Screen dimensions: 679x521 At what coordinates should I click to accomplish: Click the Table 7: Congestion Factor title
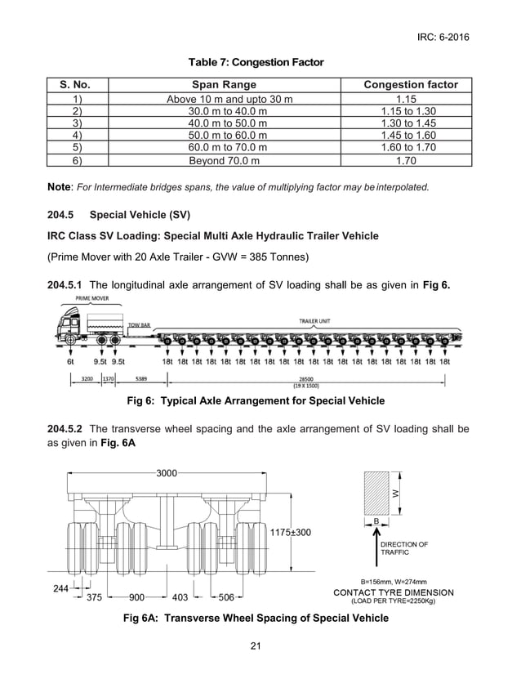tap(256, 62)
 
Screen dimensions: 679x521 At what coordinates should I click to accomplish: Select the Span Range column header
tap(224, 85)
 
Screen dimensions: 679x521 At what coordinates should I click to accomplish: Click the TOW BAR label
tap(139, 324)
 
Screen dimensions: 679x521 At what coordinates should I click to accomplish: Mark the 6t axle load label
tap(71, 360)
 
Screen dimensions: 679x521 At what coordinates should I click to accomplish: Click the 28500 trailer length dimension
tap(307, 378)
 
